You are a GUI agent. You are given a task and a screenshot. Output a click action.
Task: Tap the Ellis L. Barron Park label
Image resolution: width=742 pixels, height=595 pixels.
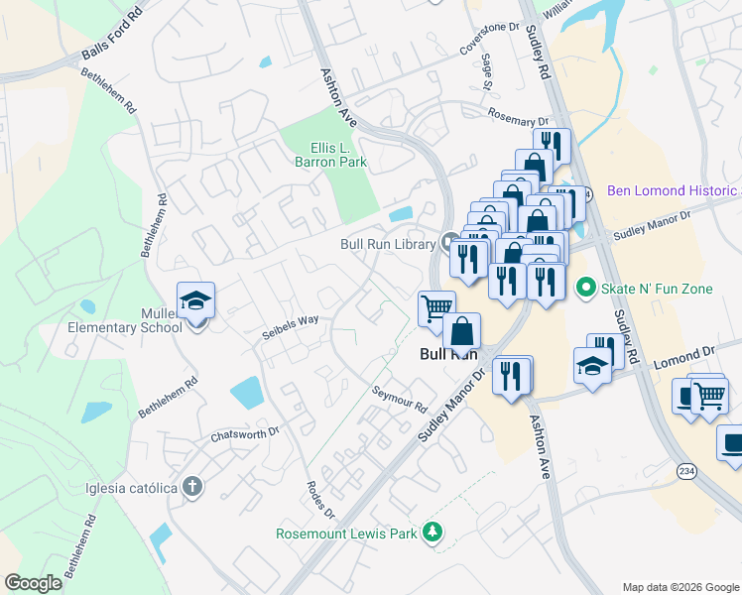click(331, 155)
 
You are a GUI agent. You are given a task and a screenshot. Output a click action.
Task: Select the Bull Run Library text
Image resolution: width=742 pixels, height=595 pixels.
click(388, 244)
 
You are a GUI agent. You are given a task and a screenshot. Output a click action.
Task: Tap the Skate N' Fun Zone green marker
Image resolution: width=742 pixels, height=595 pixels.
click(585, 288)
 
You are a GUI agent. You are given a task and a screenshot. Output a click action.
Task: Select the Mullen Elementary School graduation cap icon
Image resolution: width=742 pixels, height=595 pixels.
click(195, 300)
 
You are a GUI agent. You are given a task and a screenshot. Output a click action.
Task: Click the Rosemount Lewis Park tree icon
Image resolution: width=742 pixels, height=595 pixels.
click(432, 533)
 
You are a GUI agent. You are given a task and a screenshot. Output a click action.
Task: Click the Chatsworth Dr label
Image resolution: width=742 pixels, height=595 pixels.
click(246, 433)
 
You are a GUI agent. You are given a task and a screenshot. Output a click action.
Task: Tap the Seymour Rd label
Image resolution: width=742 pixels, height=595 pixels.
click(400, 399)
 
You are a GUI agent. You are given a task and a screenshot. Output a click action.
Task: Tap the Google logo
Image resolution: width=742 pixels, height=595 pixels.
click(35, 583)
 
